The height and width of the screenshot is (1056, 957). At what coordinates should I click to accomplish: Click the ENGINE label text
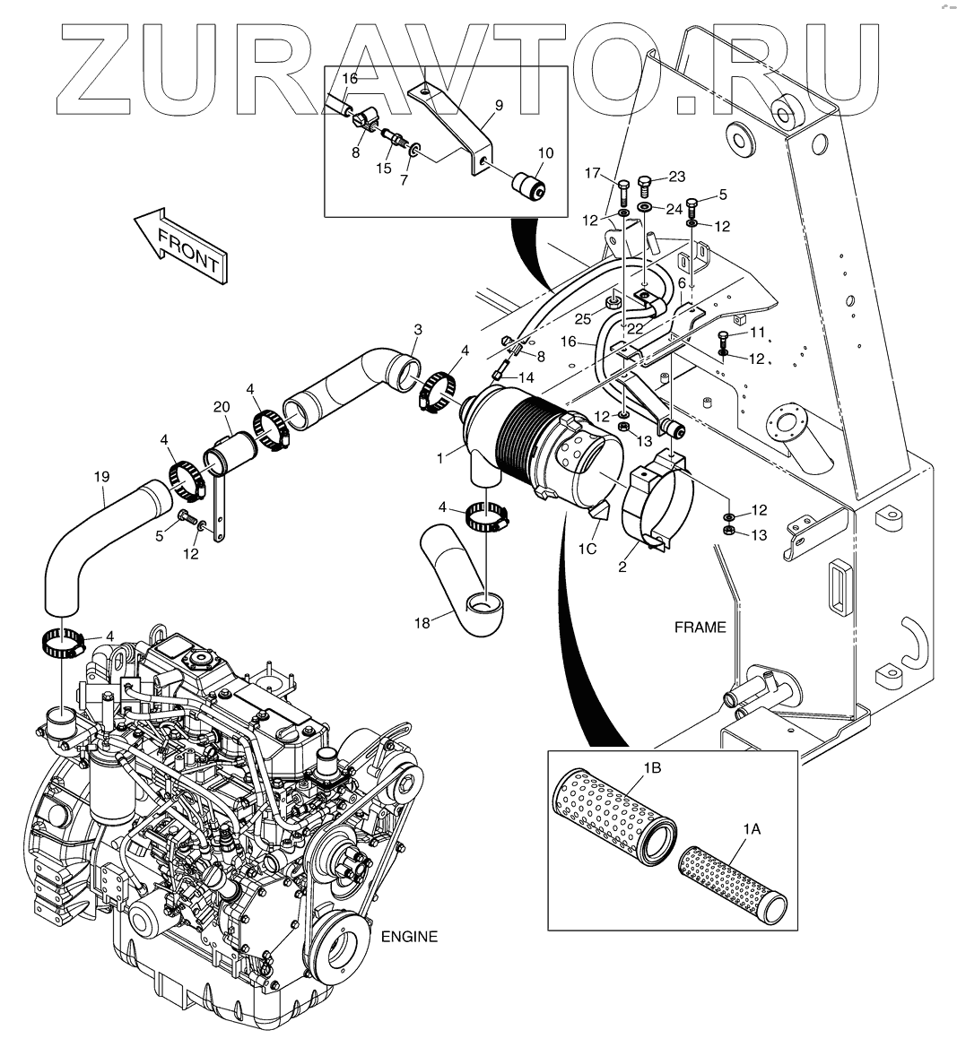click(x=410, y=937)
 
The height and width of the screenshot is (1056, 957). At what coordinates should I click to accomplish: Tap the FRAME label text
click(x=700, y=628)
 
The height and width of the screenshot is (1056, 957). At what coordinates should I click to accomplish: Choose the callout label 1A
click(x=751, y=830)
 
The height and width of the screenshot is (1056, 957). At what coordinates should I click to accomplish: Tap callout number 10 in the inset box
click(x=545, y=153)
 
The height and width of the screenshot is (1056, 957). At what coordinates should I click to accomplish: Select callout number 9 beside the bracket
click(x=499, y=105)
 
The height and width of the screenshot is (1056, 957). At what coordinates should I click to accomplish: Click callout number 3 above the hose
click(x=416, y=330)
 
